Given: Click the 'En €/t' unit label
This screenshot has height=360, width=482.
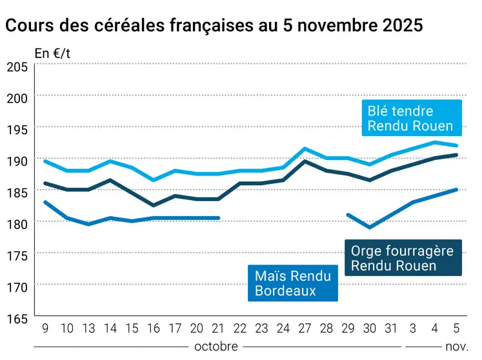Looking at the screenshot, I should click(x=52, y=54).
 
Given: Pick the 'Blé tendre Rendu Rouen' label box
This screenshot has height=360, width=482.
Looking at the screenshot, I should click(x=410, y=118).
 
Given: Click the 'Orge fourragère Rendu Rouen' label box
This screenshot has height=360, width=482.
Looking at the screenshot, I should click(x=403, y=258).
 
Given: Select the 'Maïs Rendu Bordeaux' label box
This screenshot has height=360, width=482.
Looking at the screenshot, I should click(x=292, y=283).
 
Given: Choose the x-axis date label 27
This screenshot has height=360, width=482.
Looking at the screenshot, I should click(x=305, y=328).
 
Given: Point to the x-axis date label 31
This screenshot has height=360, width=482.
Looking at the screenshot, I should click(x=391, y=328).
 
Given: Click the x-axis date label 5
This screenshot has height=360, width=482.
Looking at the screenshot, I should click(x=457, y=328).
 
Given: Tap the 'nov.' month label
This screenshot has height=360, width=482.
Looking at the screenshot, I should click(x=457, y=346).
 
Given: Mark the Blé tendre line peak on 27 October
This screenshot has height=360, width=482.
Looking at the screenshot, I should click(x=305, y=148).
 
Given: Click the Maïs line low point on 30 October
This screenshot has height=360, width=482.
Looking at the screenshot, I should click(x=370, y=227).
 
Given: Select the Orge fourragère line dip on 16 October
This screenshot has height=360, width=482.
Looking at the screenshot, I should click(x=153, y=205).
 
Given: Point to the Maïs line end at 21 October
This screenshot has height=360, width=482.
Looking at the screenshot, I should click(x=219, y=218).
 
